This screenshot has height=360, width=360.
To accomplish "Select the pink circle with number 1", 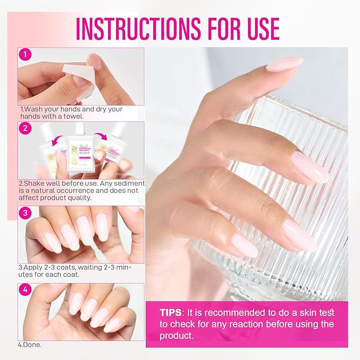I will pyautogui.click(x=25, y=55).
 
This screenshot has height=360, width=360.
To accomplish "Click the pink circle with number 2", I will pyautogui.click(x=25, y=128).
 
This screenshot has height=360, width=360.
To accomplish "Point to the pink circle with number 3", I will pyautogui.click(x=25, y=213).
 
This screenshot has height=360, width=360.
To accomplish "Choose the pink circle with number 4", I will pyautogui.click(x=25, y=290).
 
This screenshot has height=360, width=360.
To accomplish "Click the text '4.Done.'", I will pyautogui.click(x=30, y=345).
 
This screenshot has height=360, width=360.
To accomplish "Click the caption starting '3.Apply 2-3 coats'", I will pyautogui.click(x=74, y=271).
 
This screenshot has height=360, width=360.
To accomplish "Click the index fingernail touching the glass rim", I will pyautogui.click(x=284, y=64).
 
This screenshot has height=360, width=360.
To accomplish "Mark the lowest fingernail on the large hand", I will pyautogui.click(x=244, y=245).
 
